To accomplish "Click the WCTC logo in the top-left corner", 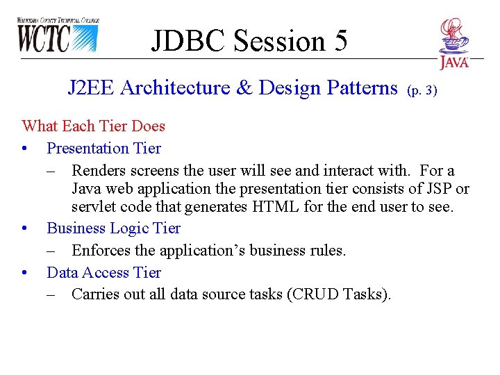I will click(58, 35).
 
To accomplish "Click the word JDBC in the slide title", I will click(189, 41).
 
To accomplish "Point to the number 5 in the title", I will click(340, 41).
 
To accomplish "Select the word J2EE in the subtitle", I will click(91, 88).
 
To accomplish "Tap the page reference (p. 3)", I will click(422, 90).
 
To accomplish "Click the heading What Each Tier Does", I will click(94, 126).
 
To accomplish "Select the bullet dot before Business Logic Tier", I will click(25, 228).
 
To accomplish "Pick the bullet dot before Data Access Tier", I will click(25, 273).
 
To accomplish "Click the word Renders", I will click(98, 171).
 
